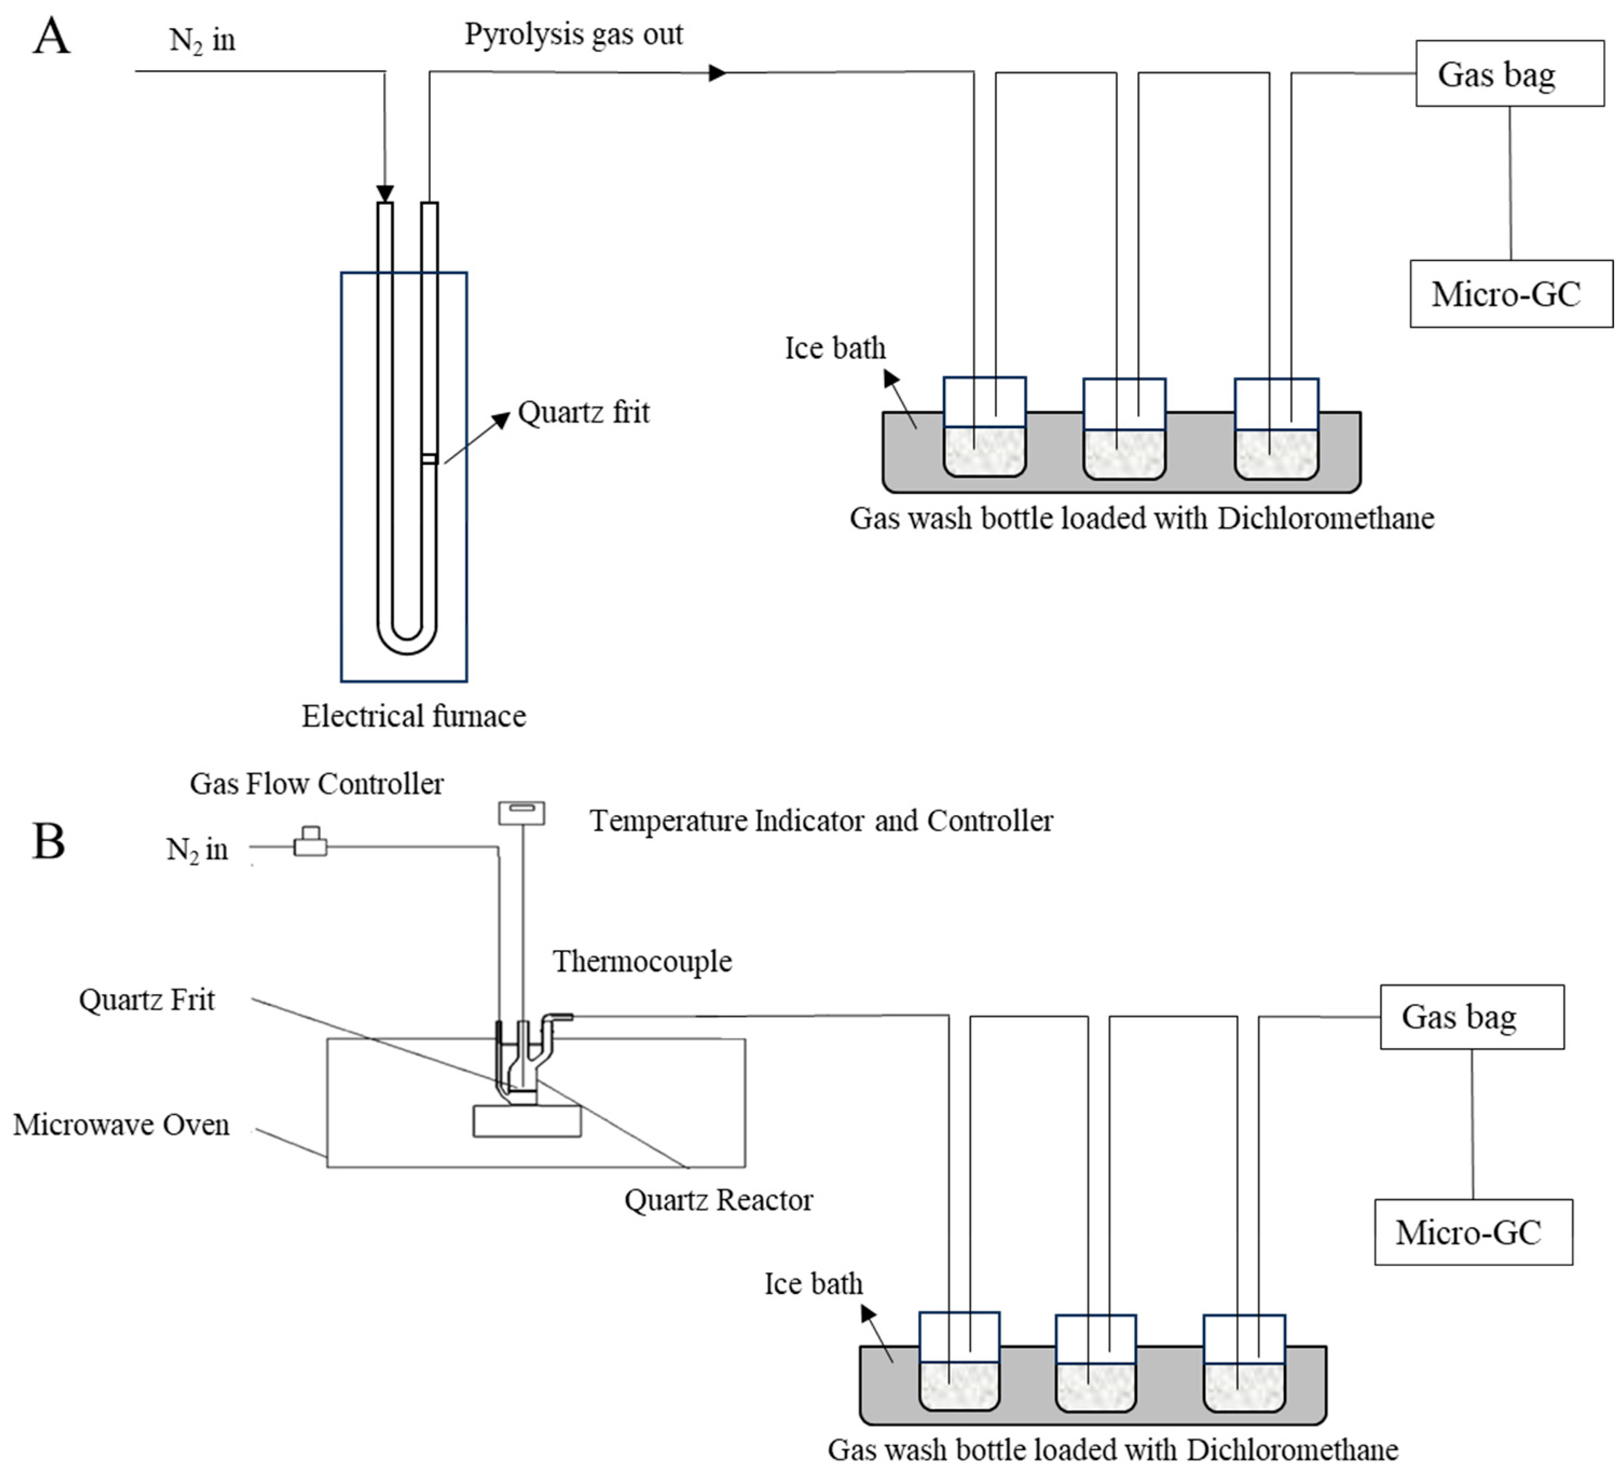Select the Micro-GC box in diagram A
click(x=1511, y=294)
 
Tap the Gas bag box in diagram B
click(x=1473, y=1017)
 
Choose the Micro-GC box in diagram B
click(x=1473, y=1232)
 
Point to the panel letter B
click(x=49, y=842)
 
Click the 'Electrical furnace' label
click(x=414, y=716)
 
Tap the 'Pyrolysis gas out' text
click(x=574, y=35)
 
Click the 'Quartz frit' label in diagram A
click(x=583, y=412)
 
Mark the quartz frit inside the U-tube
click(x=429, y=459)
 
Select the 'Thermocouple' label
click(x=642, y=961)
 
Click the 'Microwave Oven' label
click(x=121, y=1125)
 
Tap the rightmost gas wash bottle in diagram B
click(x=1244, y=1363)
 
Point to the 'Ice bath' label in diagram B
click(x=814, y=1284)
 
